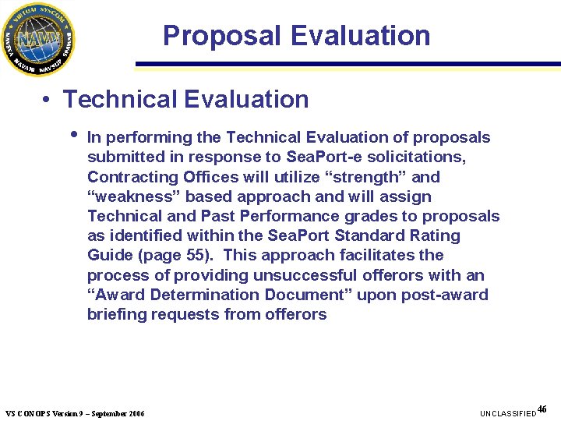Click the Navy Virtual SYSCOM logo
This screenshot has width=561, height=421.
pyautogui.click(x=38, y=38)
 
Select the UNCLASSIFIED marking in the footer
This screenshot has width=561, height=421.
pyautogui.click(x=508, y=412)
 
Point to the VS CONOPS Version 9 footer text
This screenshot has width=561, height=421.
pyautogui.click(x=75, y=412)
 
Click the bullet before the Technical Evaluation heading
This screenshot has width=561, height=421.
pyautogui.click(x=48, y=101)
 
